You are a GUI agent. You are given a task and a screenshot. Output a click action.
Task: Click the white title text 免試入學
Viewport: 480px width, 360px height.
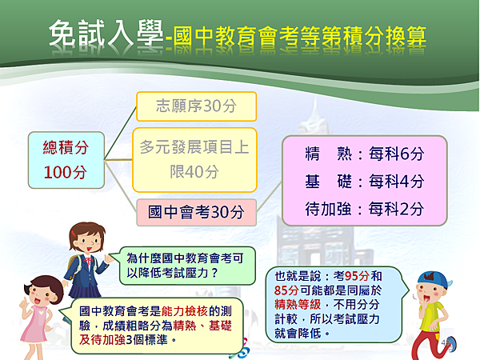106,34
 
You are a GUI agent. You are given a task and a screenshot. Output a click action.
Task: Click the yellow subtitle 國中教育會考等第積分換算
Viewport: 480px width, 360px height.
300,37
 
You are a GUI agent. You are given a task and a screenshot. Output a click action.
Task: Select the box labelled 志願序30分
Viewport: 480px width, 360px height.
196,106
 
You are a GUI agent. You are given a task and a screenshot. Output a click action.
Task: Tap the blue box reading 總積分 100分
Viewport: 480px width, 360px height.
66,160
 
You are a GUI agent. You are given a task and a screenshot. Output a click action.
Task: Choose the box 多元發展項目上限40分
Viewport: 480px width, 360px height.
194,160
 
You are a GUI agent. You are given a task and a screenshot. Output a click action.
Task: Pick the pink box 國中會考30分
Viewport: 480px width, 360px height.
196,212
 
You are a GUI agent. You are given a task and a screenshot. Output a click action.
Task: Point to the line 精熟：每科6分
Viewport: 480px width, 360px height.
364,154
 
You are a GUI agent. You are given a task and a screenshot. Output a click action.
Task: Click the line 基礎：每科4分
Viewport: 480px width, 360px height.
364,182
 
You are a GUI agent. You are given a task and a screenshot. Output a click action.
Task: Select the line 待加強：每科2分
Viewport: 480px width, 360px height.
364,209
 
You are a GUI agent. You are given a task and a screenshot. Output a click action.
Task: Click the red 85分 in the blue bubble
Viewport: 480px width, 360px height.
286,290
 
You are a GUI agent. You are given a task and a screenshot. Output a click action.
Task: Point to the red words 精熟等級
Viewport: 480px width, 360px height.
298,304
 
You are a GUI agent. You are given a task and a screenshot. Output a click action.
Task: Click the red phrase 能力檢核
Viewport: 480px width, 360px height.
185,311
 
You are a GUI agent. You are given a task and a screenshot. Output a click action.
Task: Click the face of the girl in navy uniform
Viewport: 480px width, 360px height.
89,241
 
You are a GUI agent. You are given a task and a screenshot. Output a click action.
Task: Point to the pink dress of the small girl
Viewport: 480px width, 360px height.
34,324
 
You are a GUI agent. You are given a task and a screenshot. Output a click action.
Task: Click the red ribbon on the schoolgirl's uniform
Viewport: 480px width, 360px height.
89,261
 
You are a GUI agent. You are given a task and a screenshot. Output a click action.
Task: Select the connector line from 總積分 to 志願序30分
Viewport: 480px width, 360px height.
120,133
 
